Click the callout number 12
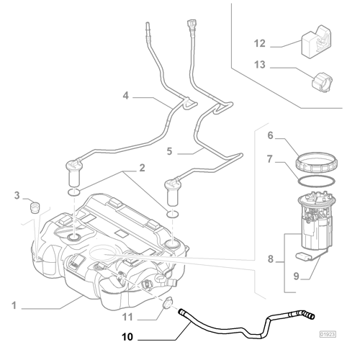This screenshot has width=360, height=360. [x=259, y=43]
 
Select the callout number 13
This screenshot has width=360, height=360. [x=259, y=66]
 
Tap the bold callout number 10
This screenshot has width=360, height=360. [x=127, y=337]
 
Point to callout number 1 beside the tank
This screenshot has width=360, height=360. [x=13, y=305]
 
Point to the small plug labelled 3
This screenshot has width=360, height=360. [x=34, y=209]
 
